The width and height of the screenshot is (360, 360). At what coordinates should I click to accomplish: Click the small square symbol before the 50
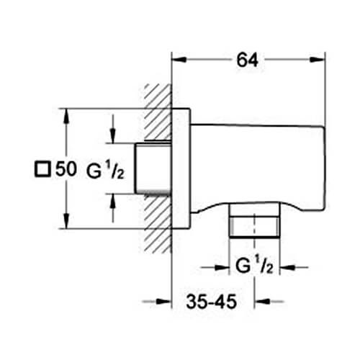42,170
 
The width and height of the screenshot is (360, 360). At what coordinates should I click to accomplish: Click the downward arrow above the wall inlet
113,137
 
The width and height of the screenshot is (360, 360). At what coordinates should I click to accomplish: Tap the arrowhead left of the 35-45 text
165,300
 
